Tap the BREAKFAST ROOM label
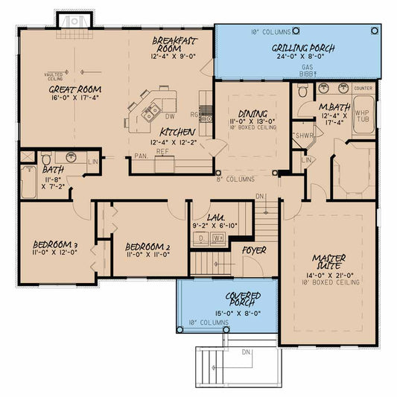[174, 43]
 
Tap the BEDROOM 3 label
[56, 245]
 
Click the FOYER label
[255, 250]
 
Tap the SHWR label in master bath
[304, 136]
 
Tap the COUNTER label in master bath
[362, 88]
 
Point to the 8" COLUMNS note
[235, 180]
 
